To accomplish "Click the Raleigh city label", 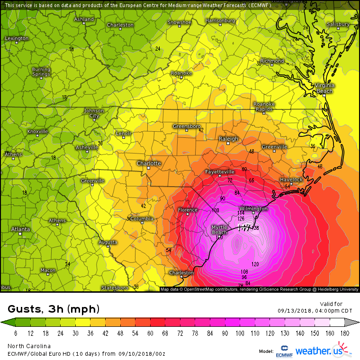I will pos(228,139).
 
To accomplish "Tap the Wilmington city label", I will pos(253,208).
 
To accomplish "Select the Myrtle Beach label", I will pos(219,230).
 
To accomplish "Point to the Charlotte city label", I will pos(149,163).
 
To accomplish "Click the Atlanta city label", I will pos(20,229).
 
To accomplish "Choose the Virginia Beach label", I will pos(324,88).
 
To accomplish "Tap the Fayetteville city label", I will pos(220,171).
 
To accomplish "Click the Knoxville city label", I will pos(38,131).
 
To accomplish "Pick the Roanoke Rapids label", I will pos(264,106).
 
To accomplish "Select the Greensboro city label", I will pos(186,126).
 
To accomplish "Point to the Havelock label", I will pos(291,180).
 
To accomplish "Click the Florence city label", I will pos(187,210).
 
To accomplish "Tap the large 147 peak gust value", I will pos(244,228).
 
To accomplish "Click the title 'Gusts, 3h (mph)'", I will pos(54,309).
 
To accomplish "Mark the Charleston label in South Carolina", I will pos(181,273).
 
